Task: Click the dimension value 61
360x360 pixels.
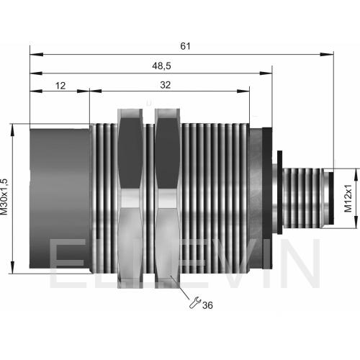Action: pyautogui.click(x=185, y=46)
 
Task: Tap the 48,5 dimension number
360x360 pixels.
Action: pyautogui.click(x=161, y=66)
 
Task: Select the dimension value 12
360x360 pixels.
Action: pyautogui.click(x=60, y=86)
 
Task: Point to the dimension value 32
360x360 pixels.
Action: pyautogui.click(x=166, y=85)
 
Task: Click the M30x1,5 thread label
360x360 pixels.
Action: pyautogui.click(x=4, y=197)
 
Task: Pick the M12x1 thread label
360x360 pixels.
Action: pyautogui.click(x=348, y=198)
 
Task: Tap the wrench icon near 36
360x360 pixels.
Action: pyautogui.click(x=194, y=302)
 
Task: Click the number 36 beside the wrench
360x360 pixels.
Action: pyautogui.click(x=207, y=305)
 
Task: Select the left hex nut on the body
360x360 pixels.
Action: pyautogui.click(x=130, y=198)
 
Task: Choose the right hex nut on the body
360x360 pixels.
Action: pyautogui.click(x=167, y=198)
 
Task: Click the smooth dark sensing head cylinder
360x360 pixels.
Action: pyautogui.click(x=60, y=199)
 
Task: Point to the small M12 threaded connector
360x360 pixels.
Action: pyautogui.click(x=303, y=198)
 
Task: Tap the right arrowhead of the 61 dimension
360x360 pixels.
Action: pyautogui.click(x=327, y=54)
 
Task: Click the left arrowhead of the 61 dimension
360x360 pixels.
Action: pyautogui.click(x=37, y=54)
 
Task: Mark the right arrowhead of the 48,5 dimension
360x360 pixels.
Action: pyautogui.click(x=266, y=73)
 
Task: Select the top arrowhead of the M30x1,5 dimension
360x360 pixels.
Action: pyautogui.click(x=12, y=130)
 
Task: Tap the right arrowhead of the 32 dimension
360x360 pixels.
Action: pyautogui.click(x=243, y=91)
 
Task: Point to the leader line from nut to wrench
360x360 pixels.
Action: pyautogui.click(x=181, y=287)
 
